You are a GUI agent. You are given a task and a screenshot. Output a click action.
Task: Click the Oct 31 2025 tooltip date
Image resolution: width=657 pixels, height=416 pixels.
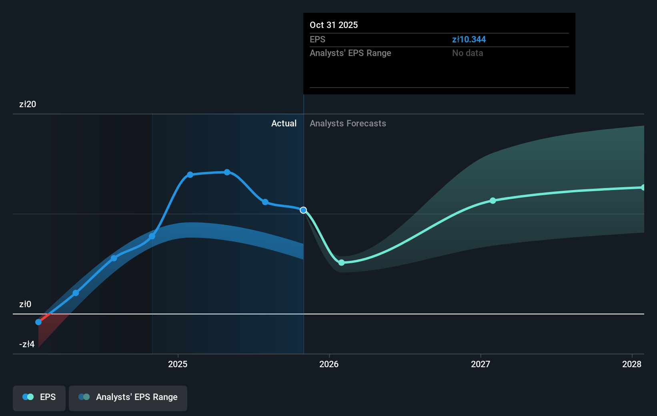coord(334,25)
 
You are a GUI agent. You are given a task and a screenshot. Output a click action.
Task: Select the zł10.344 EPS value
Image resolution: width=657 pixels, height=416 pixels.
coord(469,39)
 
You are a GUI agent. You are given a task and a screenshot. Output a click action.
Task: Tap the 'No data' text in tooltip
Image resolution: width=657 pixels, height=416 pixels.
coord(467,53)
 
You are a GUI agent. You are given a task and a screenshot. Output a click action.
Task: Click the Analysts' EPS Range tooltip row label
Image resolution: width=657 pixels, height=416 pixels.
coord(350,53)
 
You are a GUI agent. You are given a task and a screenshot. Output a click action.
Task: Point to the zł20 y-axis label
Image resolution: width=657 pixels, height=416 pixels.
coord(28,104)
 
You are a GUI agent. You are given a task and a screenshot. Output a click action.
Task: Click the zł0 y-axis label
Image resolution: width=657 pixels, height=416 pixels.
coord(25,304)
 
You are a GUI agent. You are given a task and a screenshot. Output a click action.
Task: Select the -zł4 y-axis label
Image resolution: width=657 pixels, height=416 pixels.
coord(27,344)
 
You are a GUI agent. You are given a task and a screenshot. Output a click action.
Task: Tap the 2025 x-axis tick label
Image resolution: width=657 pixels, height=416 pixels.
coord(178,364)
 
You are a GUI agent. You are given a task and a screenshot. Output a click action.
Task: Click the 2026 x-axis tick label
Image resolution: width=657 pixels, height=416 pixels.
coord(329,364)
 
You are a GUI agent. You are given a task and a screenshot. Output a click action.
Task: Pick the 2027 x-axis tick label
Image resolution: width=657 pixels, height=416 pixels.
coord(480,364)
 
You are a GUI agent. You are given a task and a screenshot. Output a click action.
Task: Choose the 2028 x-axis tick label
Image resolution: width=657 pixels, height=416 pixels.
coord(631,364)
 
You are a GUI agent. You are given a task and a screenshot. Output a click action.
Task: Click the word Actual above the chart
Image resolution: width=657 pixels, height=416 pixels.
coord(284,123)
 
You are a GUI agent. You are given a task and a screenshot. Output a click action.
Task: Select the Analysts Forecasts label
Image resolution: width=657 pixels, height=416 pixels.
coord(348,123)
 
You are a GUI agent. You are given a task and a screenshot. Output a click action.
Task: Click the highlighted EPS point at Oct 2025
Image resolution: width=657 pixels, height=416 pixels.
coord(303,210)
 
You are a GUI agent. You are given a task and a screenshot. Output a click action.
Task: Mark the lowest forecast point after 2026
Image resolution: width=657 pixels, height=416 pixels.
coord(341,262)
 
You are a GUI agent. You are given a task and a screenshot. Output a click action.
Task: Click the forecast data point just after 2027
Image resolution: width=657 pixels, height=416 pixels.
coord(493,200)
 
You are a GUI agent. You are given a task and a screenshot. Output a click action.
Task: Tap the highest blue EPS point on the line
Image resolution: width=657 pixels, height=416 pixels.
coord(227,172)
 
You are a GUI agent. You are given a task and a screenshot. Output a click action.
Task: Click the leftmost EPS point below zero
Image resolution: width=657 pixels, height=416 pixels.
coord(38,322)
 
